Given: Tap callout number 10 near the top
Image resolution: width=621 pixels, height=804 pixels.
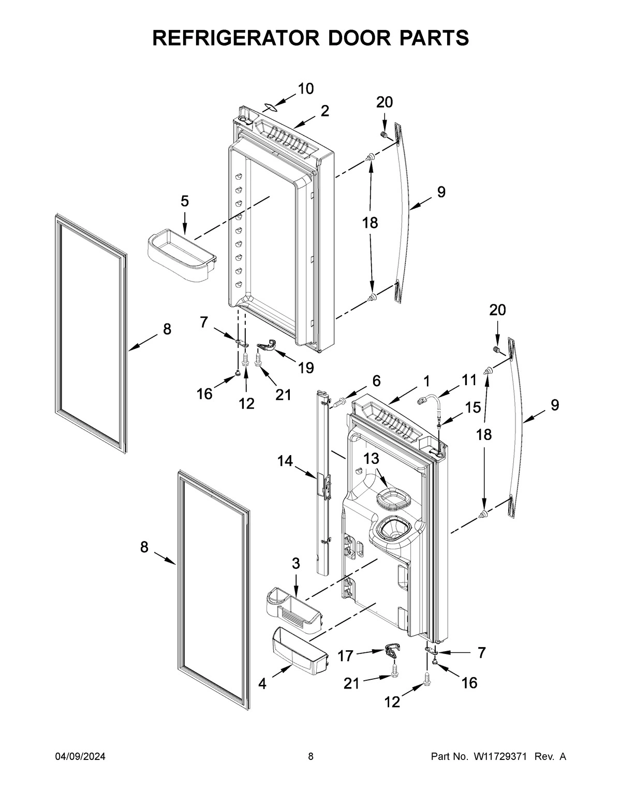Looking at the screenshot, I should click(x=305, y=89).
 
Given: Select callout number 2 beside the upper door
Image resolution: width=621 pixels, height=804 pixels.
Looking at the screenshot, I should click(x=324, y=111).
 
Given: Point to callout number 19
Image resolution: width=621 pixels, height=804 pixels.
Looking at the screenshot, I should click(x=305, y=368).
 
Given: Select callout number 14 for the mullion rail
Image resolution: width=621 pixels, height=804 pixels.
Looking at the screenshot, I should click(x=284, y=461).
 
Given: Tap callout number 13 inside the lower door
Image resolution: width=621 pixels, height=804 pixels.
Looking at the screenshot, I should click(x=371, y=458).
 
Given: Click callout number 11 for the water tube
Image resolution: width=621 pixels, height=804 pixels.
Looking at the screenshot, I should click(x=469, y=381).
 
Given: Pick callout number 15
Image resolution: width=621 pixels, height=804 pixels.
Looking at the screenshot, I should click(x=472, y=407).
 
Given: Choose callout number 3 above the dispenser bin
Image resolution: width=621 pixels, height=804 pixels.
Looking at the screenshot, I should click(x=295, y=564).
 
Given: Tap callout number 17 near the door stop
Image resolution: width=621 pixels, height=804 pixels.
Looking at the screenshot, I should click(x=345, y=656).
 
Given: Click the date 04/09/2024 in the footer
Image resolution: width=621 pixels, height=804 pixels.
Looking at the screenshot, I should click(x=80, y=757).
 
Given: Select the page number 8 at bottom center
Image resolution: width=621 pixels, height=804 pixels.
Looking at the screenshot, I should click(x=310, y=757).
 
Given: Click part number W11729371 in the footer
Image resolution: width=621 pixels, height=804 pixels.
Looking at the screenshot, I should click(x=499, y=757).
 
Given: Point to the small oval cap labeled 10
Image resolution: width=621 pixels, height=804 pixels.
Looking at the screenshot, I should click(x=271, y=107).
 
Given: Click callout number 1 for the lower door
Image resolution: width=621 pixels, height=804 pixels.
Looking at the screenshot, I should click(x=426, y=382).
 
